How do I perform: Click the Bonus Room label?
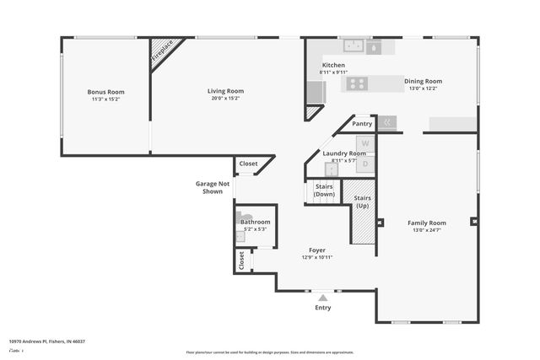[106, 91]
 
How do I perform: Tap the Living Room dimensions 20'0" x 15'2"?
[226, 98]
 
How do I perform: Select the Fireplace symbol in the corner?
[164, 51]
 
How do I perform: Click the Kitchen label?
[333, 65]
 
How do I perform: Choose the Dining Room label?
[423, 81]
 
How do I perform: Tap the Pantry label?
[362, 123]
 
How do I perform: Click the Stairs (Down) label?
[324, 191]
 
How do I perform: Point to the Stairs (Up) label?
[363, 202]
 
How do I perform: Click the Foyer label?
[317, 250]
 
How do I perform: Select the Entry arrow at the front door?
[322, 297]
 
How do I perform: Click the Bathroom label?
[255, 222]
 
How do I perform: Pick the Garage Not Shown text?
[213, 187]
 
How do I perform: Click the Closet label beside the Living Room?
[248, 164]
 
